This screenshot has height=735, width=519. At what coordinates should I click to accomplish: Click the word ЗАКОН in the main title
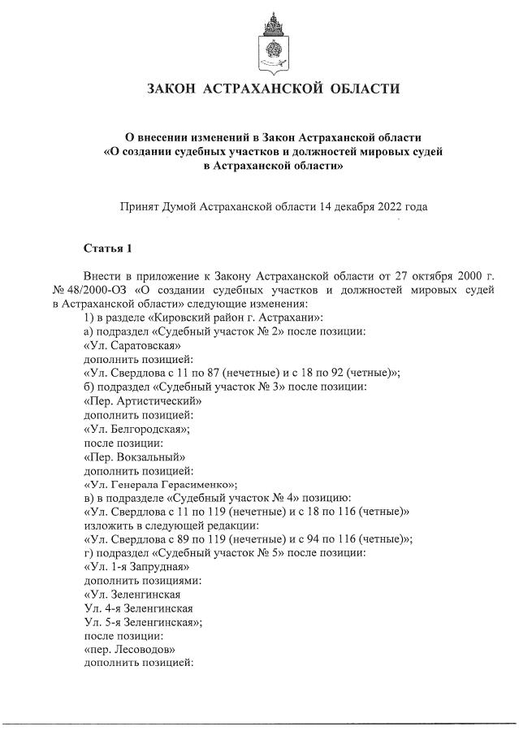click(x=171, y=89)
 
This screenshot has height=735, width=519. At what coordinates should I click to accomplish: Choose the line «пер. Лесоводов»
click(x=129, y=649)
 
